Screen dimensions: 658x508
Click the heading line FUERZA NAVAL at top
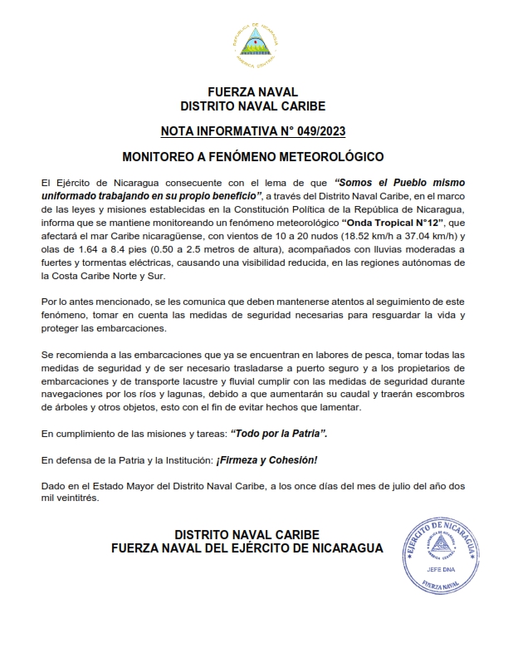click(253, 91)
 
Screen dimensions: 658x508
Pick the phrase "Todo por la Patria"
click(282, 434)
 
